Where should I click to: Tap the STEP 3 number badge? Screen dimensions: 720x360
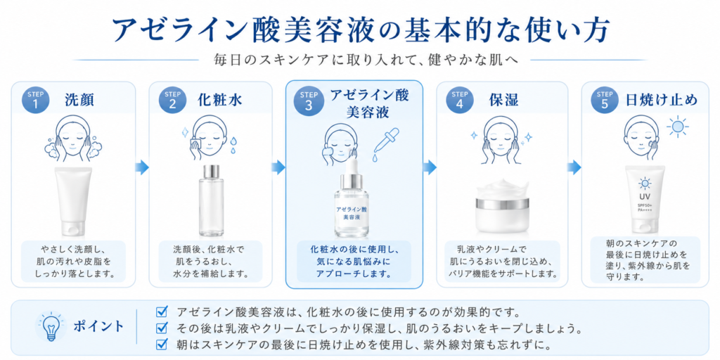pyautogui.click(x=309, y=100)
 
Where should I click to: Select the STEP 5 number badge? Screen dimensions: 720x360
pyautogui.click(x=604, y=100)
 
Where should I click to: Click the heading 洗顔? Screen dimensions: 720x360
pyautogui.click(x=79, y=100)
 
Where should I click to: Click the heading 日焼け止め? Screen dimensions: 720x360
pyautogui.click(x=662, y=100)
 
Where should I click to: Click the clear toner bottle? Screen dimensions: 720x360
pyautogui.click(x=211, y=200)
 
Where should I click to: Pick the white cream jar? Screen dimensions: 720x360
pyautogui.click(x=503, y=206)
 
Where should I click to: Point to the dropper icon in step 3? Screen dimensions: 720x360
pyautogui.click(x=382, y=142)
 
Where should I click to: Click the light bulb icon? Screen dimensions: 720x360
pyautogui.click(x=50, y=326)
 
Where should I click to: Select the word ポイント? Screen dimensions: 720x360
pyautogui.click(x=98, y=326)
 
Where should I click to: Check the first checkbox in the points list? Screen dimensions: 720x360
pyautogui.click(x=161, y=311)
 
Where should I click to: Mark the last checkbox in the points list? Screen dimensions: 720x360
pyautogui.click(x=161, y=343)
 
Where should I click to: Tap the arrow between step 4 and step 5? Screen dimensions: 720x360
pyautogui.click(x=574, y=168)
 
